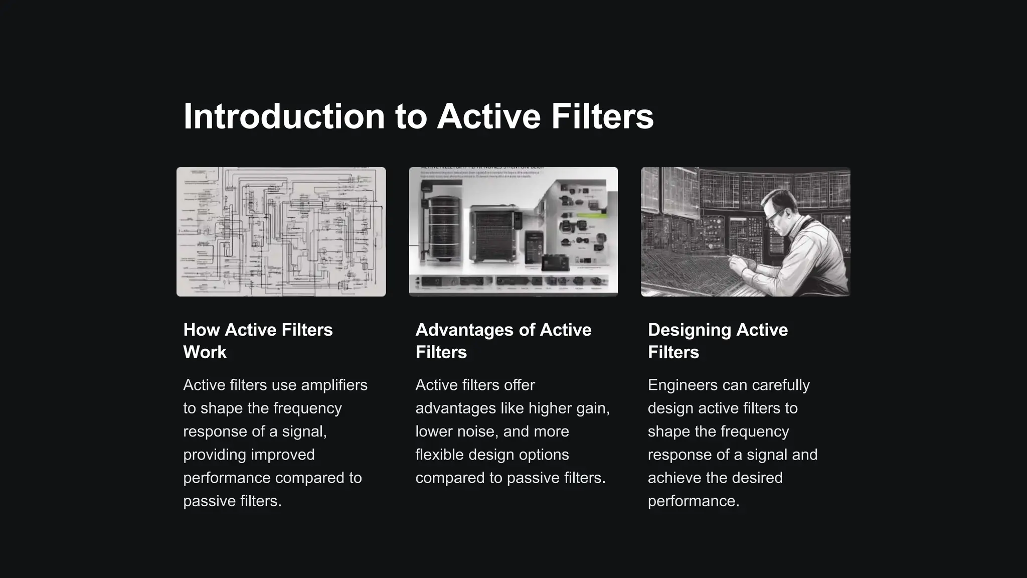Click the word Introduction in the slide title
click(284, 116)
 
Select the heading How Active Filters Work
click(258, 341)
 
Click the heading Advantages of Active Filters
click(503, 341)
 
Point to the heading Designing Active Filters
click(718, 341)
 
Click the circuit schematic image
click(281, 232)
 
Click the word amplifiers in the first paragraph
click(334, 385)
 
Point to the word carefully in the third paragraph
click(781, 385)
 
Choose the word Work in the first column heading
click(205, 352)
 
